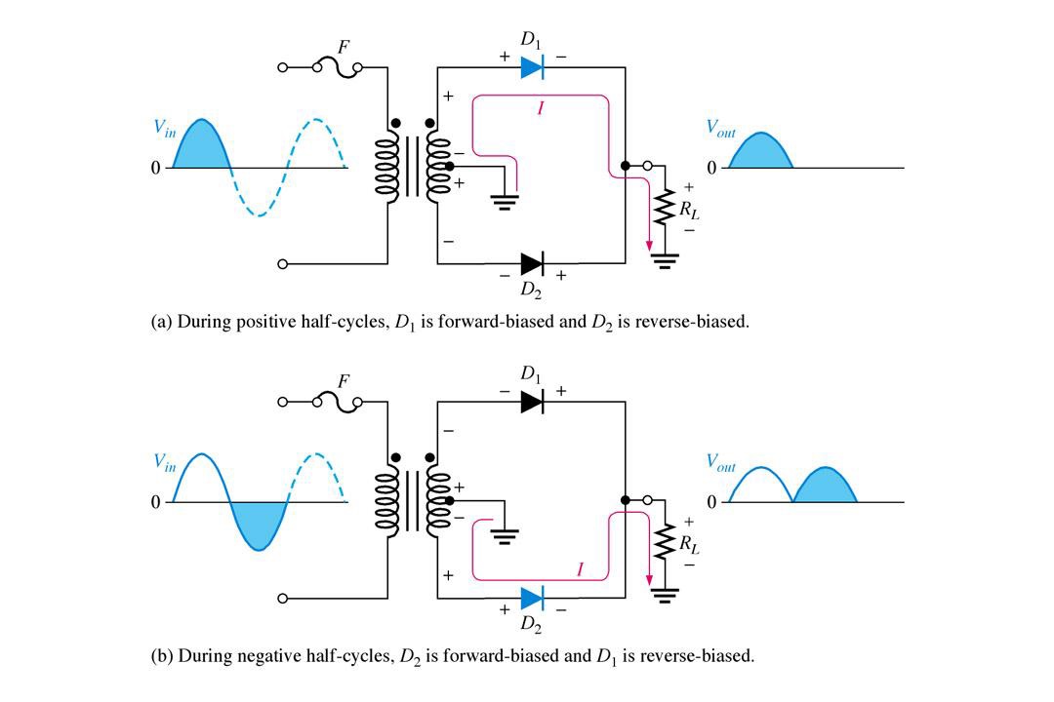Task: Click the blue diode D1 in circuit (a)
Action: point(532,67)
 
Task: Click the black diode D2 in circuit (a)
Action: point(532,263)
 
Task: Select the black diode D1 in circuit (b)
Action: point(532,402)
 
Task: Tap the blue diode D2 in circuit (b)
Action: point(532,598)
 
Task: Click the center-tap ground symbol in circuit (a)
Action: point(505,202)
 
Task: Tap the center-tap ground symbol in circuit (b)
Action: point(505,536)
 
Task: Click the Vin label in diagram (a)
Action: point(165,128)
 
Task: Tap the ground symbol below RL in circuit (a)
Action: point(665,261)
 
